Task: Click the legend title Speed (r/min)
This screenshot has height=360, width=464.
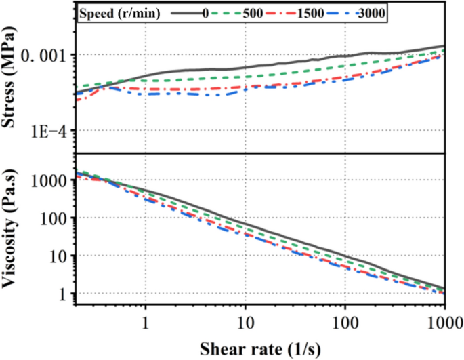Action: [x=119, y=12]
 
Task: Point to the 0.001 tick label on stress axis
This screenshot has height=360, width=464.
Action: [x=46, y=55]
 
